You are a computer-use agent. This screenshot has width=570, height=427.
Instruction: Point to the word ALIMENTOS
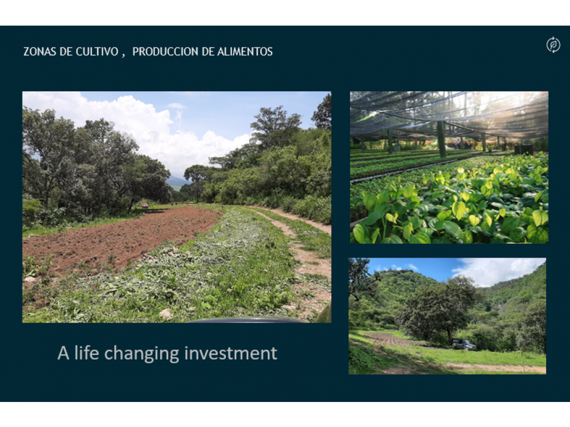click(x=245, y=52)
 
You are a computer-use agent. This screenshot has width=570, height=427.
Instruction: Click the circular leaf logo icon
click(x=553, y=45)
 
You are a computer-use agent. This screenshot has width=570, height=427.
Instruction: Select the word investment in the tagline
click(x=231, y=353)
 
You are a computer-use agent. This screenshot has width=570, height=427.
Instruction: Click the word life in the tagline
click(x=87, y=352)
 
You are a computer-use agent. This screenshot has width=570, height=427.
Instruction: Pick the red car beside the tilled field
click(x=145, y=205)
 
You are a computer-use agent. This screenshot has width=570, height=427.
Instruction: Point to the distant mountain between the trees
click(x=177, y=182)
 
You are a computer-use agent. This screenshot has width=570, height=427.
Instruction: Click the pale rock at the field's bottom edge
click(x=166, y=313)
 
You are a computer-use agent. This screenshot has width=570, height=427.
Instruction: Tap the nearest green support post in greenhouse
click(x=441, y=139)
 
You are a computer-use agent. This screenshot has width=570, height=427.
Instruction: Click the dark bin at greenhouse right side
click(x=523, y=149)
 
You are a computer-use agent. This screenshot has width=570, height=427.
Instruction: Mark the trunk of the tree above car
click(x=450, y=335)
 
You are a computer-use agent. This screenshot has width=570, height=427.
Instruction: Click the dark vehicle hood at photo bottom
click(x=244, y=320)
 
